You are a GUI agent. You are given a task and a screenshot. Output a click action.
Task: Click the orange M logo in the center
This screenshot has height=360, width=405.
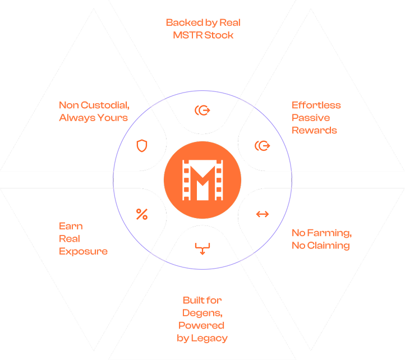202,179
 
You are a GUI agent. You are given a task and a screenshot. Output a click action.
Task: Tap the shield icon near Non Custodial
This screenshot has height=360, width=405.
142,146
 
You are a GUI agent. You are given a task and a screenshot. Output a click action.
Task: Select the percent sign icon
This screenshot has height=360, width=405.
142,214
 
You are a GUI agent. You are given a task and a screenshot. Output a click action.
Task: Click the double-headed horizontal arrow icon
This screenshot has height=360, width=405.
262,214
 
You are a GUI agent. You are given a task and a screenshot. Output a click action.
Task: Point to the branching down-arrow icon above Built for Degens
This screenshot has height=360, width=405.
202,248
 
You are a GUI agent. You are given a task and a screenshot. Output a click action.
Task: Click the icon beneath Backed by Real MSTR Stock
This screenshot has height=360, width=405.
202,110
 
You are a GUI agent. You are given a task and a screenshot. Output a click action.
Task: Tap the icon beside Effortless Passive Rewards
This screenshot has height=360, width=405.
262,146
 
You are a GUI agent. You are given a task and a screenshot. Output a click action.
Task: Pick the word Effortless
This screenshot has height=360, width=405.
316,105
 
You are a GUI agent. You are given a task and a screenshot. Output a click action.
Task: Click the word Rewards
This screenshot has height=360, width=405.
314,131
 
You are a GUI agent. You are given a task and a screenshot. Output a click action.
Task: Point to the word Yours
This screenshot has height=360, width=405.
112,118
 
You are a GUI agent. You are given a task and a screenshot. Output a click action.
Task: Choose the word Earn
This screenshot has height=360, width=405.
71,227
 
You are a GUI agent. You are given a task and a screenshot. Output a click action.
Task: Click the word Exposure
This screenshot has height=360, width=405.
83,251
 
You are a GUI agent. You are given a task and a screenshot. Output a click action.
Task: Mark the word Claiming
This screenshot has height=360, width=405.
328,246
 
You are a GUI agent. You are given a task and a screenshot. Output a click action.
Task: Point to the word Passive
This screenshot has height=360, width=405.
311,118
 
